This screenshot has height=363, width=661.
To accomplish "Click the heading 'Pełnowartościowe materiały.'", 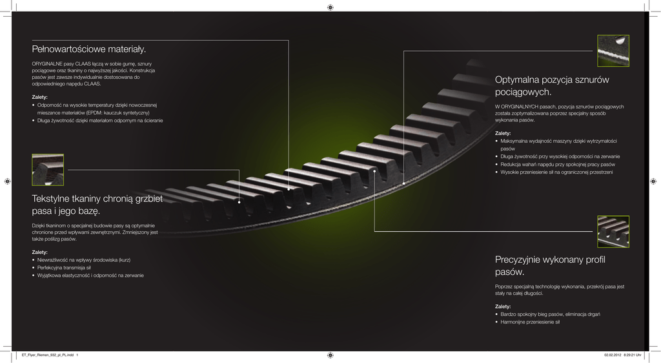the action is pyautogui.click(x=89, y=50).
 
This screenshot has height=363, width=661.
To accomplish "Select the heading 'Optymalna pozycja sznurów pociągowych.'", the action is pyautogui.click(x=552, y=86).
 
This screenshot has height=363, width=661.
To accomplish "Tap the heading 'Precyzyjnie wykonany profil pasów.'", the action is pyautogui.click(x=550, y=265).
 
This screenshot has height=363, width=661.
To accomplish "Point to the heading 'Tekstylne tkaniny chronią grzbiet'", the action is pyautogui.click(x=97, y=199).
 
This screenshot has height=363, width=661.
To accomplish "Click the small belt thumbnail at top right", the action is pyautogui.click(x=613, y=50).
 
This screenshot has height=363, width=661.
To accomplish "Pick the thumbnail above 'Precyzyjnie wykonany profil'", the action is pyautogui.click(x=613, y=231).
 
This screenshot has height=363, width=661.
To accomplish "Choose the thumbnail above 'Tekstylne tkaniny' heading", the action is pyautogui.click(x=48, y=170).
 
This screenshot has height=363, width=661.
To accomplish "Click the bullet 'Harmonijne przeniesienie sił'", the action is pyautogui.click(x=530, y=322).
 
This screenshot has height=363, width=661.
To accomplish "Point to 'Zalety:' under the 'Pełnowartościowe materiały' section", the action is pyautogui.click(x=40, y=97).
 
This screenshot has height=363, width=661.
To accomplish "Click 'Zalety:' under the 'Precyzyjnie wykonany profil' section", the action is pyautogui.click(x=503, y=306).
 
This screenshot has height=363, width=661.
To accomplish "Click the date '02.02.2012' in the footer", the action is pyautogui.click(x=612, y=355).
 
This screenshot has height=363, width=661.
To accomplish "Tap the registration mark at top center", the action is pyautogui.click(x=330, y=7).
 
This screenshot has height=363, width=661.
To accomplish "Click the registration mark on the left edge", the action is pyautogui.click(x=6, y=181).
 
